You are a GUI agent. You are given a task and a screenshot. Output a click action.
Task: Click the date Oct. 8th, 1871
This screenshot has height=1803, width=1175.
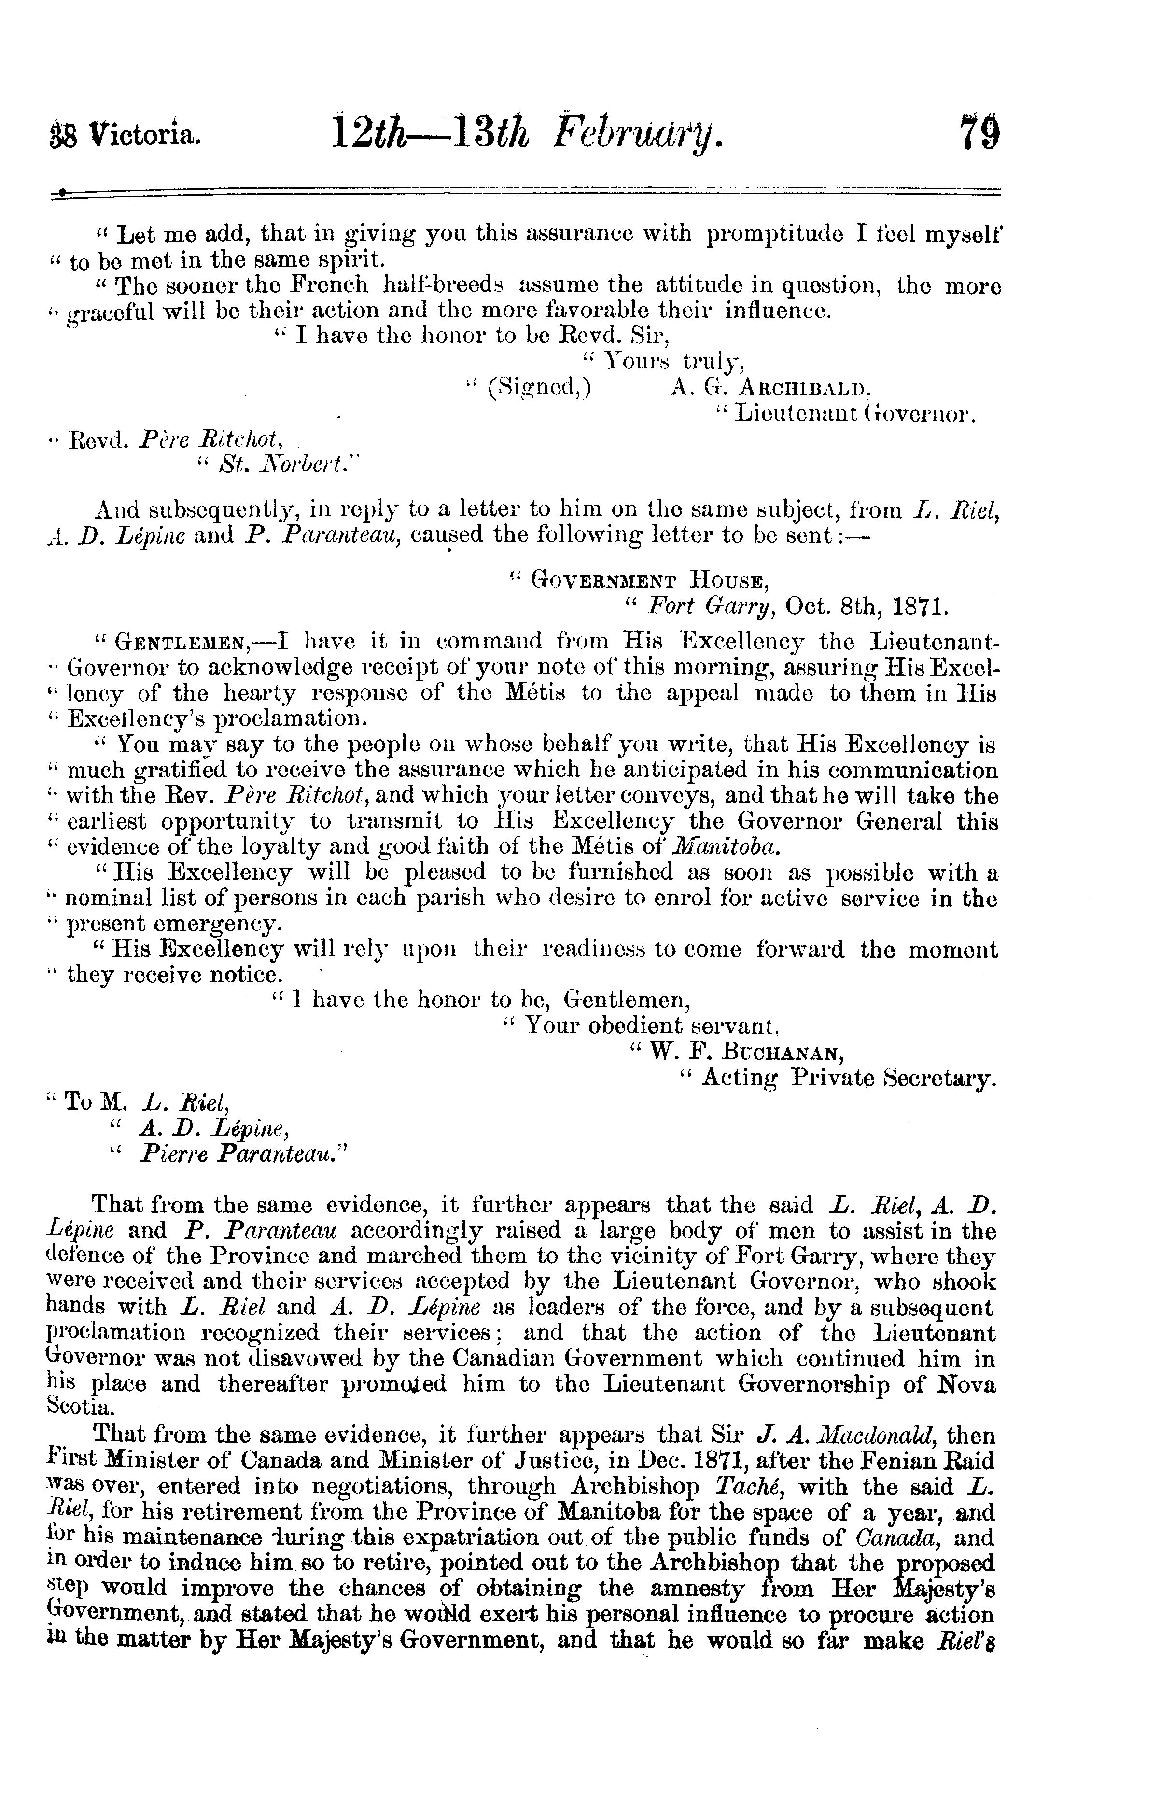[x=866, y=607]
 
